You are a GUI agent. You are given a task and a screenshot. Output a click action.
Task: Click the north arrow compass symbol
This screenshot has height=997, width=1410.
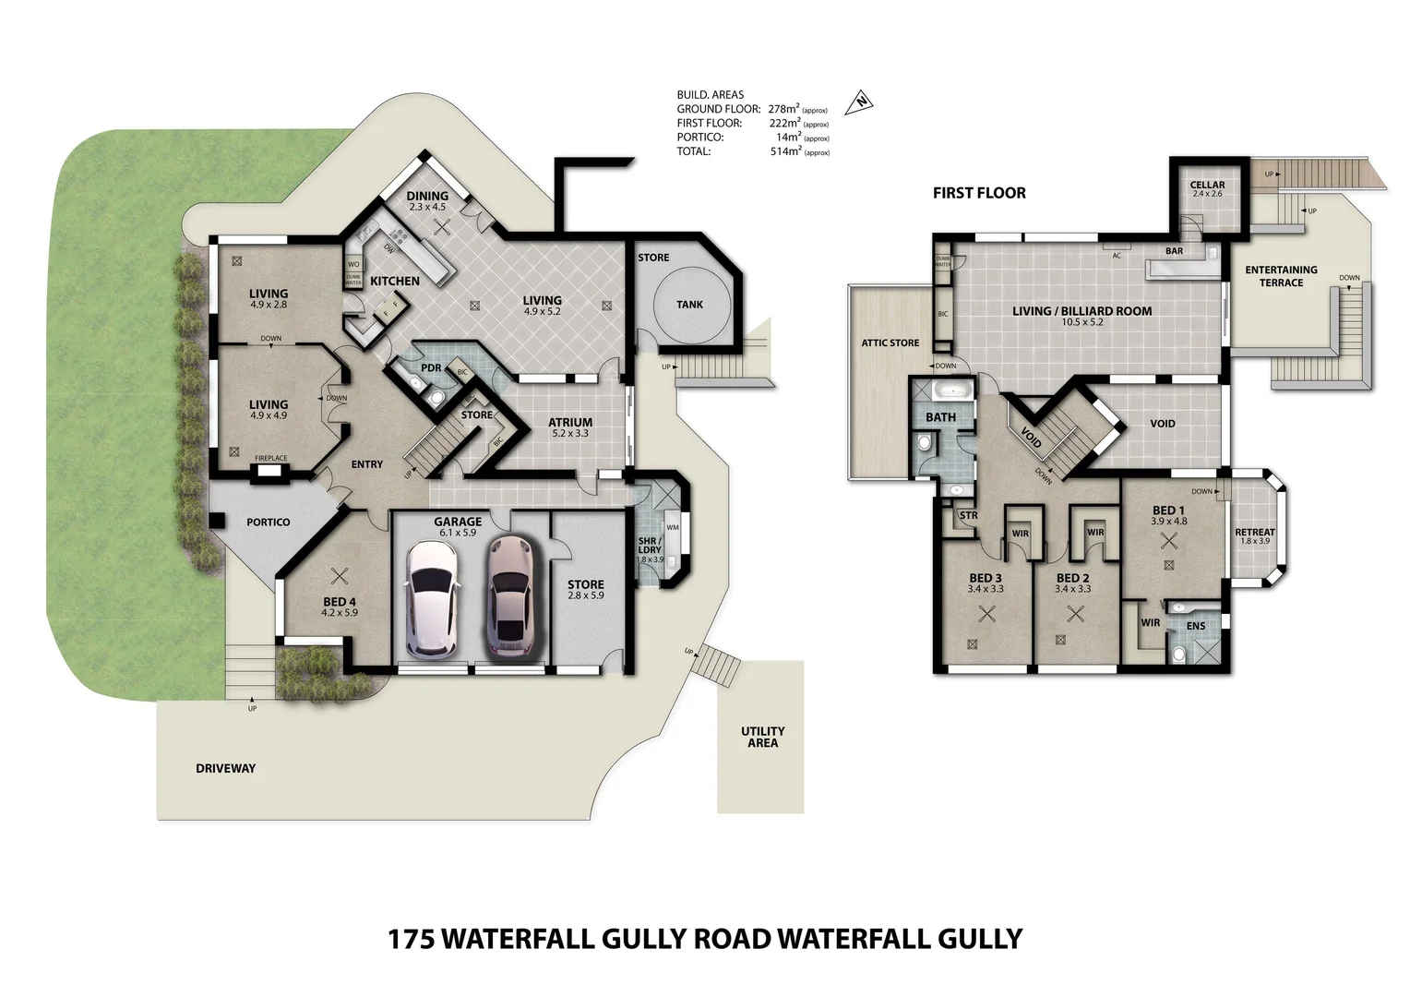point(860,102)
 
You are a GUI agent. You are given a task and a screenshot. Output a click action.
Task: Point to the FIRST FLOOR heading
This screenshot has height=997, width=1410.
point(979,193)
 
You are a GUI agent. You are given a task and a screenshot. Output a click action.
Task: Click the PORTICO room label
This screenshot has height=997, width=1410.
point(269,523)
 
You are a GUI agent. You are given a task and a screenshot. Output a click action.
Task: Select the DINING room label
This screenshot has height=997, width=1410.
point(427,196)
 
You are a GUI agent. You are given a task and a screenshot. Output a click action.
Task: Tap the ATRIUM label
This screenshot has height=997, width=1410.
point(570,423)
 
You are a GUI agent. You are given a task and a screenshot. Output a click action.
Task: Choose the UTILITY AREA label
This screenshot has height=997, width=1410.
point(762,737)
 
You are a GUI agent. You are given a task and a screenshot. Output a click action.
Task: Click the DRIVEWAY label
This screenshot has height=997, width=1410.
point(226,768)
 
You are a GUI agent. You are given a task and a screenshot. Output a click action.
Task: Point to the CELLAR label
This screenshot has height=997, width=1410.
point(1207,185)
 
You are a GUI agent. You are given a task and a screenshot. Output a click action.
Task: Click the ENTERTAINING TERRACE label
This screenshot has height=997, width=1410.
point(1281,276)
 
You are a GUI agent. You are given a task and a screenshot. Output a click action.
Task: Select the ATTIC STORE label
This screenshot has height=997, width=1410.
point(890,343)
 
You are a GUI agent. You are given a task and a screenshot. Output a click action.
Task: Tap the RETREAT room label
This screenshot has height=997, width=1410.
point(1255,532)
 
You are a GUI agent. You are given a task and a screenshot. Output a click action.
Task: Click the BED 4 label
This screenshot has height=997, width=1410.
point(340,602)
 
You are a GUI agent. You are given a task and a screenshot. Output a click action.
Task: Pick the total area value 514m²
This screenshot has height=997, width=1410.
point(784,151)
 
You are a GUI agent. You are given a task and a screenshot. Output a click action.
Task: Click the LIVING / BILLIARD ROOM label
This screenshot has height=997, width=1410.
point(1081,311)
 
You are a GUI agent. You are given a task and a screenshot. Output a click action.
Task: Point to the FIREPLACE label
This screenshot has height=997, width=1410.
point(271,458)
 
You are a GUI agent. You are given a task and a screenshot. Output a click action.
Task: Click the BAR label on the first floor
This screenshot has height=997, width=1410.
point(1174,251)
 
